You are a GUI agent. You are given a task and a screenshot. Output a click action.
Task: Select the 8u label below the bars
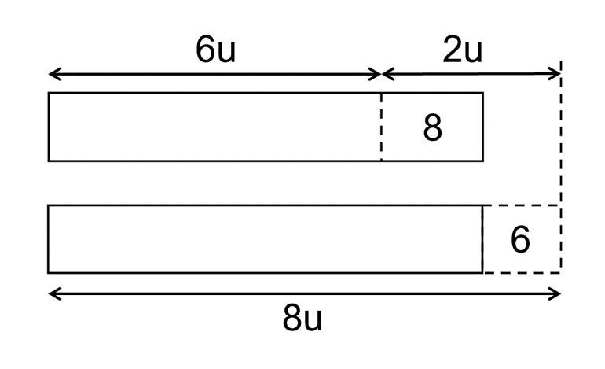pyautogui.click(x=302, y=321)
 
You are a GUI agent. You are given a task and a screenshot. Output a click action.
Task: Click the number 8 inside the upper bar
pyautogui.click(x=432, y=127)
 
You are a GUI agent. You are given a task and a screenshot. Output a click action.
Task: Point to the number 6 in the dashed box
pyautogui.click(x=520, y=240)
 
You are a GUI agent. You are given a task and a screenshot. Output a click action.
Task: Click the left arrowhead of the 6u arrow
pyautogui.click(x=53, y=75)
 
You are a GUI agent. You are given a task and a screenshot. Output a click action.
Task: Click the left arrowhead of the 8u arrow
pyautogui.click(x=53, y=294)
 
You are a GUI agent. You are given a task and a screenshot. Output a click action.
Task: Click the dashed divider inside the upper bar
pyautogui.click(x=382, y=127)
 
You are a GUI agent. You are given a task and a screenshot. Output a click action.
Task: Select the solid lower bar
pyautogui.click(x=265, y=239)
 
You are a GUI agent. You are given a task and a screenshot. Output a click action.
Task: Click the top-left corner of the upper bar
pyautogui.click(x=49, y=94)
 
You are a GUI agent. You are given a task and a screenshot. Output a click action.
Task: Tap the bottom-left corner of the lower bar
pyautogui.click(x=49, y=272)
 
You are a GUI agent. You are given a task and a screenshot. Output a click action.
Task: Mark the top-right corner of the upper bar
pyautogui.click(x=482, y=94)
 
